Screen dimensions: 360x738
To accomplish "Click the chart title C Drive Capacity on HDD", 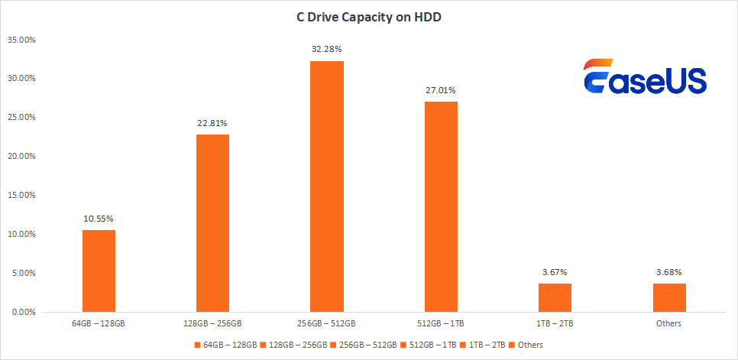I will (x=369, y=17).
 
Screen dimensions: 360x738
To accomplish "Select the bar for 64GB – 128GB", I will (x=99, y=271).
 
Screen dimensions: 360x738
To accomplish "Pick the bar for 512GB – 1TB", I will (x=441, y=206).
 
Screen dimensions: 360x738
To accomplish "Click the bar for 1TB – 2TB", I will (x=555, y=297).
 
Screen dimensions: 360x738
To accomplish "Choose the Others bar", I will (x=668, y=297).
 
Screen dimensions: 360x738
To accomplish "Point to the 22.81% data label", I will (x=212, y=123).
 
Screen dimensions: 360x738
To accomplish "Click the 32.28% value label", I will (x=327, y=50).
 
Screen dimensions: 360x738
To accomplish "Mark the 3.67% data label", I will (x=555, y=272).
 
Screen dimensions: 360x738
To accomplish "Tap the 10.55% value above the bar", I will (x=99, y=219).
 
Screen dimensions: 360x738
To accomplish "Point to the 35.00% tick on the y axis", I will (x=21, y=40).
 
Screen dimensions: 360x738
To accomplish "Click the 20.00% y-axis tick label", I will (x=21, y=156).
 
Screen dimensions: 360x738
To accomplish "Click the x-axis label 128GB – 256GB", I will (x=212, y=324).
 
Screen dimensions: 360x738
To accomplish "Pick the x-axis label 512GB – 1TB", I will (x=441, y=324).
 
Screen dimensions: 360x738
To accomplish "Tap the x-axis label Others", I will (x=668, y=324).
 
